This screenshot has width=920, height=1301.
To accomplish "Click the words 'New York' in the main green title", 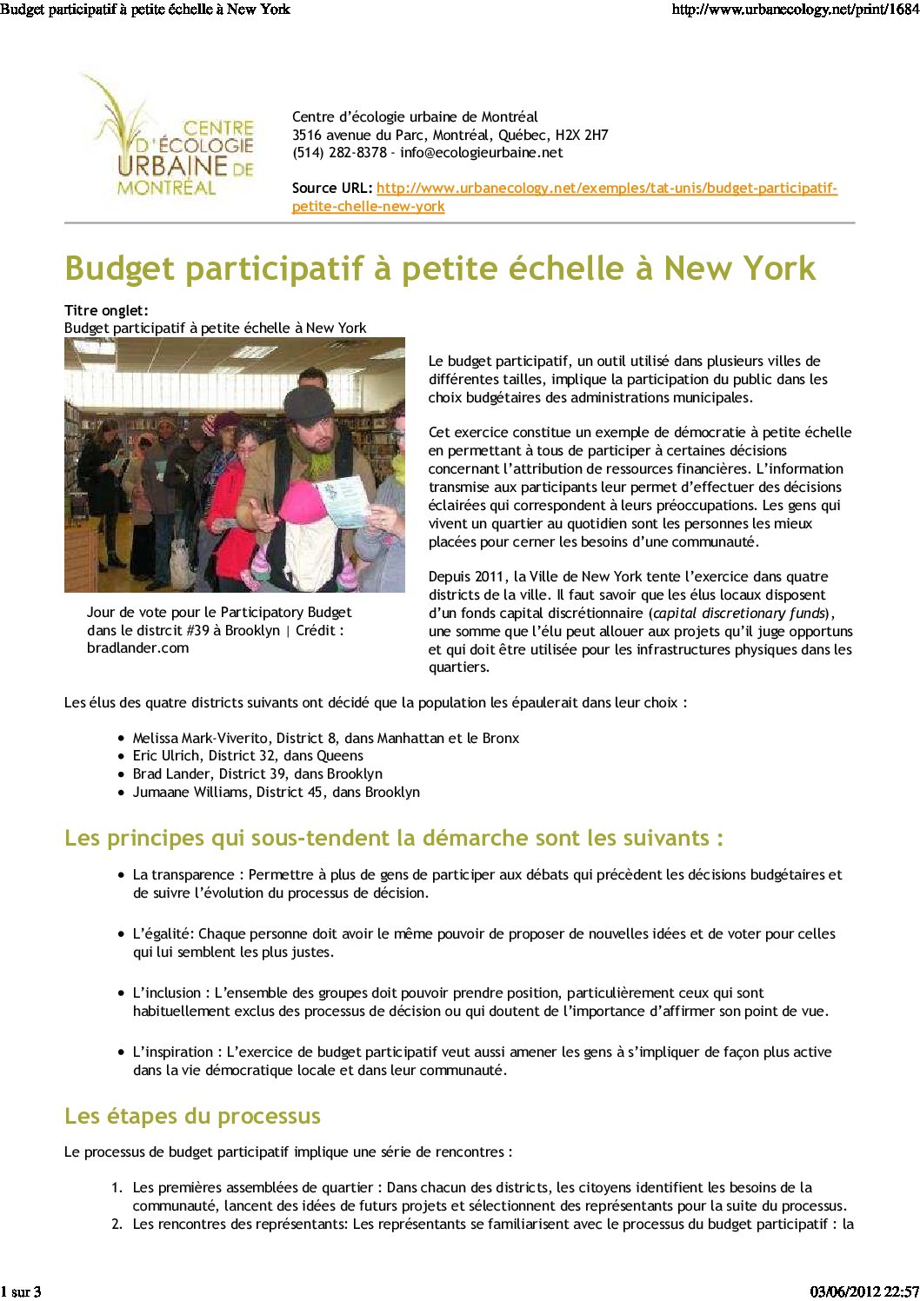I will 739,269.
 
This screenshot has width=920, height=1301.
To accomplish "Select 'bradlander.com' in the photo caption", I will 137,648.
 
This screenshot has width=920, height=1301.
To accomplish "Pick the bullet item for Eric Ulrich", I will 248,756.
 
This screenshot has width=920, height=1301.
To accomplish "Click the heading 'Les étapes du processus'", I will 192,1117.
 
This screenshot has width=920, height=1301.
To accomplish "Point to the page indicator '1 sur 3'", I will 21,1291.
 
